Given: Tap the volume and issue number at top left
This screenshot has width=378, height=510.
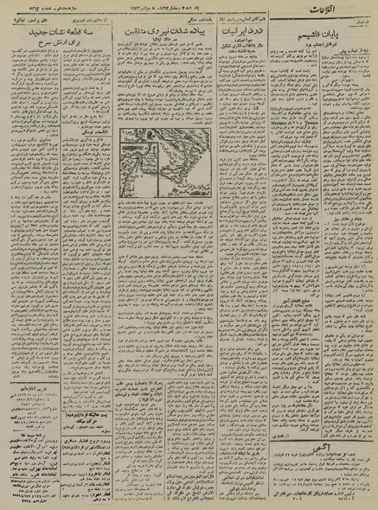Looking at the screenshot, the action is pyautogui.click(x=35, y=10).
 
